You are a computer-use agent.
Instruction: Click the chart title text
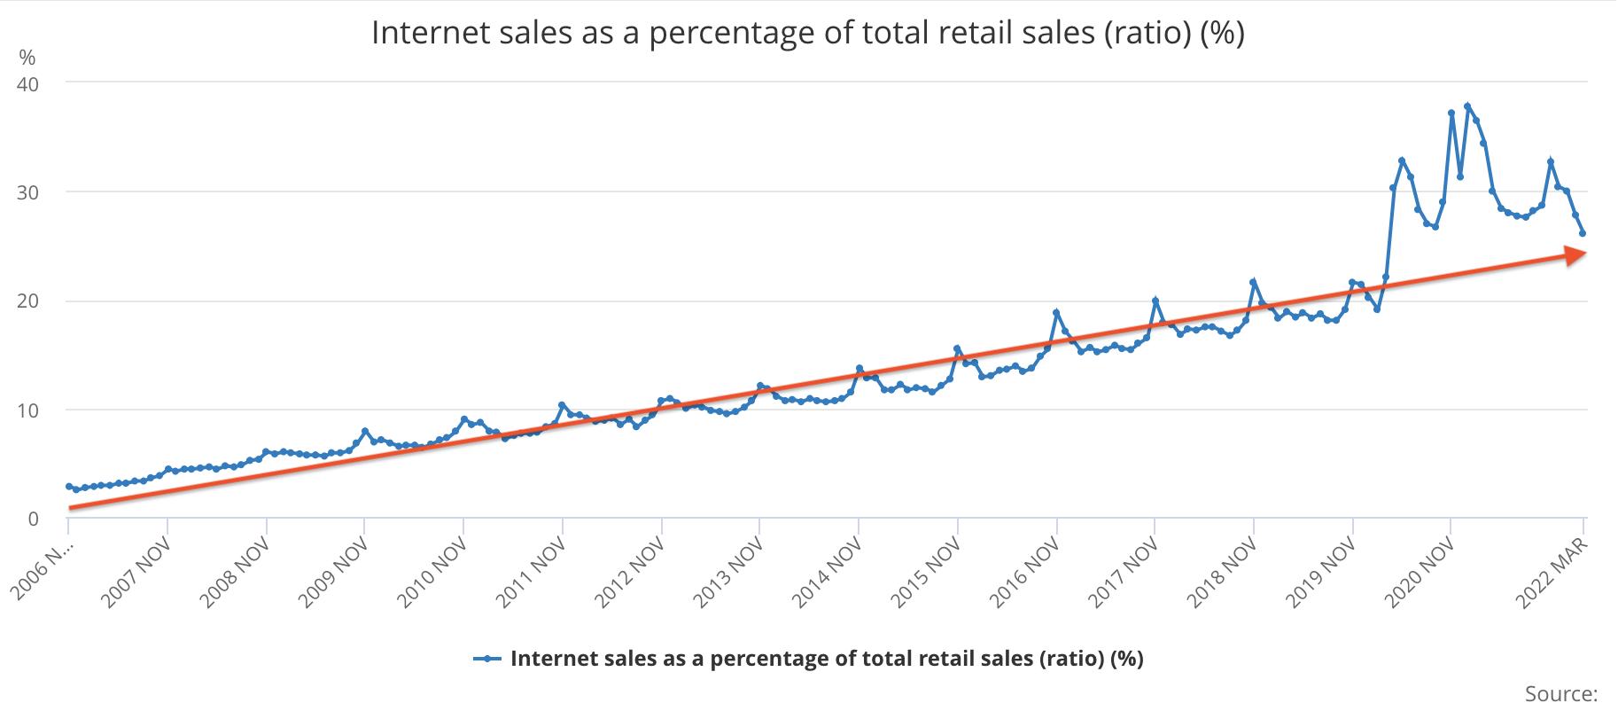807,33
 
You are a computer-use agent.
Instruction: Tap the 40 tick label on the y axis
27,84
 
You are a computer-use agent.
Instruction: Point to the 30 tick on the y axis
27,192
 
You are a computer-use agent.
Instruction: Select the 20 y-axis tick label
27,301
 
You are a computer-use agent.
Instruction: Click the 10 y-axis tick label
27,410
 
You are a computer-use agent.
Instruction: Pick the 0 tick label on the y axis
33,520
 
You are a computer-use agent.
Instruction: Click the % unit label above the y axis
27,59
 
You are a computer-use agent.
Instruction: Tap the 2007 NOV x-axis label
136,573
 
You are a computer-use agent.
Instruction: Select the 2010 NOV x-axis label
432,573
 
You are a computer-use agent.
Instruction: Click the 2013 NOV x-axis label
728,573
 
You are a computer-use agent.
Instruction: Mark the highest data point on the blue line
1467,106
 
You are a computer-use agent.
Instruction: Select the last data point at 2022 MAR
1583,233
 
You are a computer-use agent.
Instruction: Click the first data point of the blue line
69,487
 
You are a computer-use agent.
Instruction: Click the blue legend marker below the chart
487,659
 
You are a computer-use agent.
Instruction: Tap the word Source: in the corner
1560,693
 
